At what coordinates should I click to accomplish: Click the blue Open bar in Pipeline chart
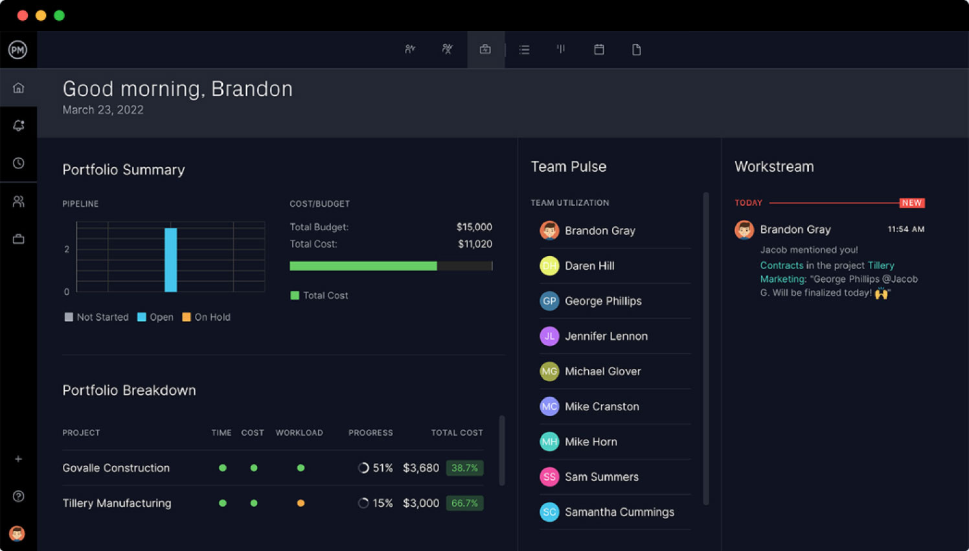[170, 260]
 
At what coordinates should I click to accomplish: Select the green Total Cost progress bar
[363, 266]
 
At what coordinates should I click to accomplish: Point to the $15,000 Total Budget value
[473, 227]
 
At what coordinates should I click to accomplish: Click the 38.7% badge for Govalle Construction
[464, 468]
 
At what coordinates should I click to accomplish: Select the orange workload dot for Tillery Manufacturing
[301, 503]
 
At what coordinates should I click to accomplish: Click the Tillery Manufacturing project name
[117, 503]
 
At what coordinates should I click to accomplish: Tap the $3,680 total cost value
[420, 468]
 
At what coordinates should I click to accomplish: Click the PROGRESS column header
[370, 432]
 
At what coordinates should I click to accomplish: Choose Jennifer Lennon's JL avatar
[549, 336]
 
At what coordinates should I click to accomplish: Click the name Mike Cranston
[602, 406]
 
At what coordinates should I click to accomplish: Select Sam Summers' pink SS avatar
[549, 476]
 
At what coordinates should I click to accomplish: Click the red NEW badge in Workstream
[911, 203]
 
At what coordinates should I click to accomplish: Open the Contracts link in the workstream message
[781, 265]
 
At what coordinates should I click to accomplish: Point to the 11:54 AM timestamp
[906, 229]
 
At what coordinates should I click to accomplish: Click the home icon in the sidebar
[18, 88]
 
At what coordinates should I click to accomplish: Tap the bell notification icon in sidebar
[18, 125]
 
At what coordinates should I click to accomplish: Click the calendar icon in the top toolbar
[599, 49]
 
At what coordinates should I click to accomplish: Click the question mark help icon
[18, 496]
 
